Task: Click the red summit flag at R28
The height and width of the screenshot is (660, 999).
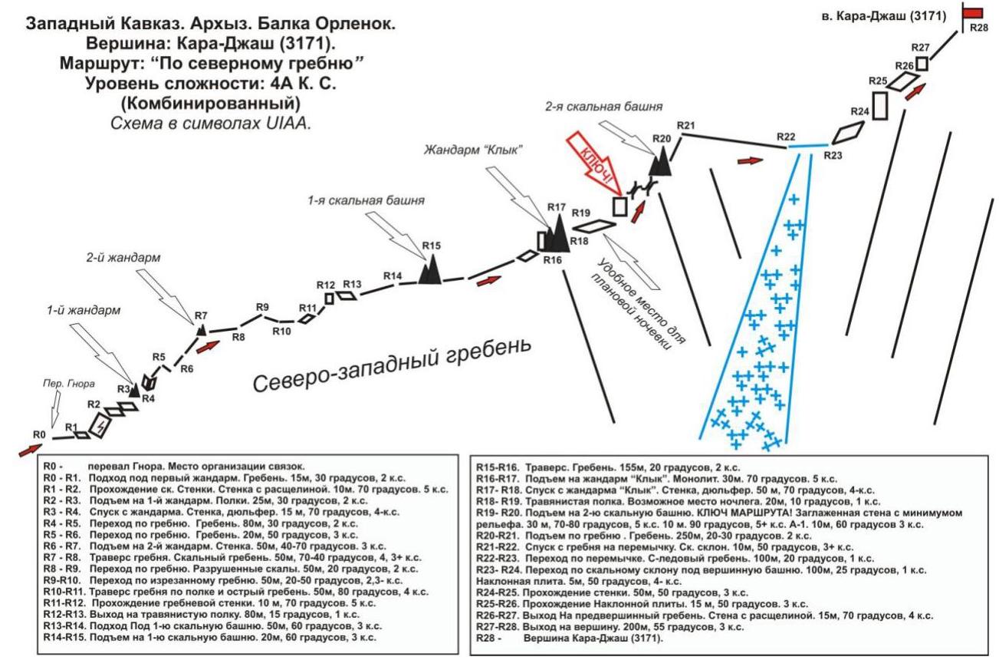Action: click(973, 12)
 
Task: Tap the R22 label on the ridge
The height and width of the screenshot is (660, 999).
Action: click(785, 137)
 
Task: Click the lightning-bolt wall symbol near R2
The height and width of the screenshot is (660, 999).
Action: click(98, 425)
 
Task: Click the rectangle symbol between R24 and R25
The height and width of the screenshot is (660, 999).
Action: click(880, 104)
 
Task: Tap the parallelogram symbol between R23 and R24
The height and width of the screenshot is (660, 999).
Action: click(846, 134)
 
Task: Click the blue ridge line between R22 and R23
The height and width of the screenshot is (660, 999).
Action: click(809, 146)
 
